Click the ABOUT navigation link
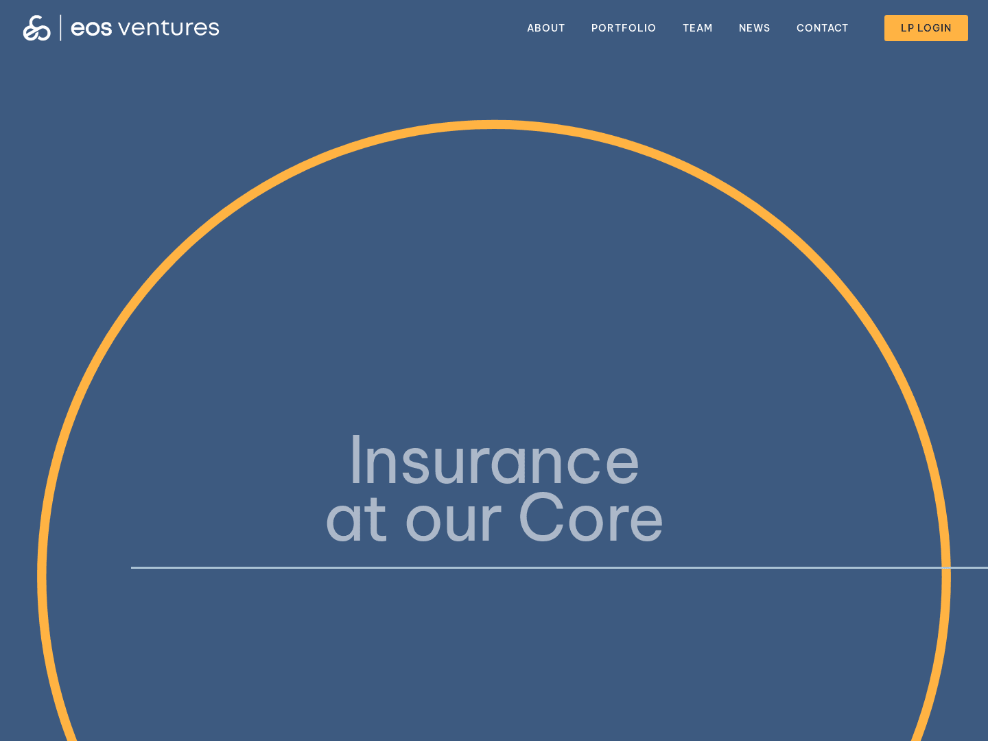tap(545, 28)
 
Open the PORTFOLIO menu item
tap(623, 28)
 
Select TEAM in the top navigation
tap(697, 28)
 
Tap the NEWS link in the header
tap(754, 28)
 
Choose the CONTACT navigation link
tap(822, 28)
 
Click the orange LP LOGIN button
tap(926, 28)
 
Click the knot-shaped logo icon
tap(37, 28)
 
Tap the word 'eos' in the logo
tap(91, 29)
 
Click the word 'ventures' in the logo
tap(169, 28)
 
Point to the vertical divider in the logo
tap(60, 28)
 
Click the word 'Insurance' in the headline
tap(494, 462)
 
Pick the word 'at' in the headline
tap(355, 521)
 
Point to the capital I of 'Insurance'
tap(355, 460)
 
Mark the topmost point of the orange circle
tap(494, 124)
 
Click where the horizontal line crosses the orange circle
tap(946, 567)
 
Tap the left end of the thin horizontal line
tap(132, 567)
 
